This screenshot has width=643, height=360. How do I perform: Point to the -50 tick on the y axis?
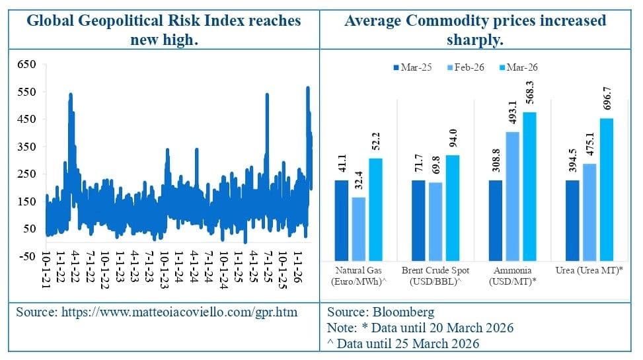pos(25,256)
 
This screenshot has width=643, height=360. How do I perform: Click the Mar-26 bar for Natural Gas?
pos(375,209)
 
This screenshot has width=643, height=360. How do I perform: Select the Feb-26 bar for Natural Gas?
pos(359,228)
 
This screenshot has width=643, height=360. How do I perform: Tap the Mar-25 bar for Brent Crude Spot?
pos(419,220)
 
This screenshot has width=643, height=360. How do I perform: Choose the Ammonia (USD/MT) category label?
pos(513,276)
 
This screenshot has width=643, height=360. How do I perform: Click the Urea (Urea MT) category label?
pos(590,271)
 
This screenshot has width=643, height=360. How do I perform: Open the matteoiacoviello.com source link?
pos(157,312)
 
